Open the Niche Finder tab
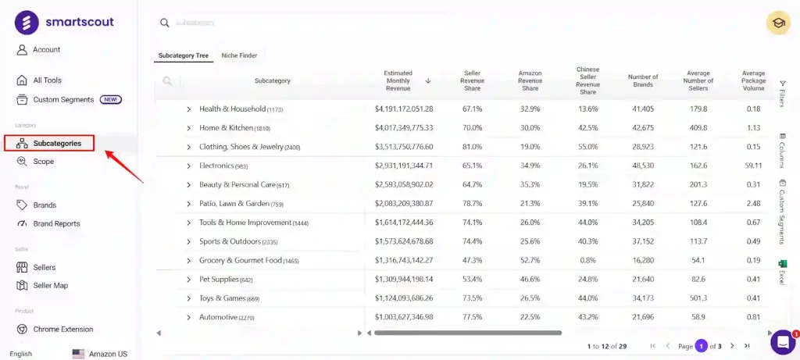(239, 55)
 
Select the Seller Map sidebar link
(50, 286)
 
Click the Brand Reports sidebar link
(56, 224)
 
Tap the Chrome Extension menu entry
(62, 330)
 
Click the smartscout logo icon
(27, 23)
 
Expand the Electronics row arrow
(188, 166)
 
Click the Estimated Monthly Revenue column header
(398, 80)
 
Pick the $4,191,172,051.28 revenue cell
(404, 109)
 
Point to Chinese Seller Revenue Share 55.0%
(587, 148)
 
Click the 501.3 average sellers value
(698, 298)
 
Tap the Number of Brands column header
(643, 80)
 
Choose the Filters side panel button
(783, 93)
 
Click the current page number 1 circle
(702, 346)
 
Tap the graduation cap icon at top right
(778, 23)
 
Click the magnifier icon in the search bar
(164, 23)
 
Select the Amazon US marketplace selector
(100, 354)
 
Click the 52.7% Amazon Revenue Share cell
(530, 261)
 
